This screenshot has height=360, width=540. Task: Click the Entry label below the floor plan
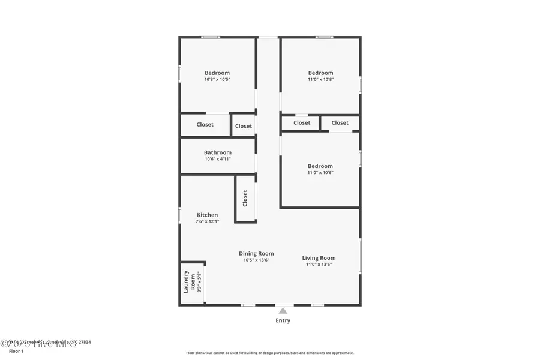pos(283,320)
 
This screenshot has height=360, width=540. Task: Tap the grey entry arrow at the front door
pos(283,311)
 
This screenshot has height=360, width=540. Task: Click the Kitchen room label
pos(208,215)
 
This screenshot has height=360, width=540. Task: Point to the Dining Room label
pos(256,254)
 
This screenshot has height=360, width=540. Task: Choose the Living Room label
pos(319,258)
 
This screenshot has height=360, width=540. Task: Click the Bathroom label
pos(217,152)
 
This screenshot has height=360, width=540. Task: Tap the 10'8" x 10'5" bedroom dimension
pos(217,79)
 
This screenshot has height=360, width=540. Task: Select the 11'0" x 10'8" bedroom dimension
pos(320,79)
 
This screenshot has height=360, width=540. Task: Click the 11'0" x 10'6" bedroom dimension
pos(320,172)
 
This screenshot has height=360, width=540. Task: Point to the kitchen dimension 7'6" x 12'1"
pos(208,221)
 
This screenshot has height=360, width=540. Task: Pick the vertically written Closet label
pos(245,199)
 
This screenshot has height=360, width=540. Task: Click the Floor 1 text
pos(16,351)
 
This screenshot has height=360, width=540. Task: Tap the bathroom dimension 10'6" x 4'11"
pos(217,159)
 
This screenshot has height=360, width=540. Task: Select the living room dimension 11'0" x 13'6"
pos(319,264)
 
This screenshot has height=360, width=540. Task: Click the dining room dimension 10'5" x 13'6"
pos(256,260)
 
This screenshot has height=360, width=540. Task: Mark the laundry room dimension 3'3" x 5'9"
pos(199,282)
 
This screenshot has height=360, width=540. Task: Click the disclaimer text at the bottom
pos(270,353)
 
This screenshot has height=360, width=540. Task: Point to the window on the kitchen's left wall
pos(179,215)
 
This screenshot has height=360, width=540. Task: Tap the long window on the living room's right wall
pos(360,257)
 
